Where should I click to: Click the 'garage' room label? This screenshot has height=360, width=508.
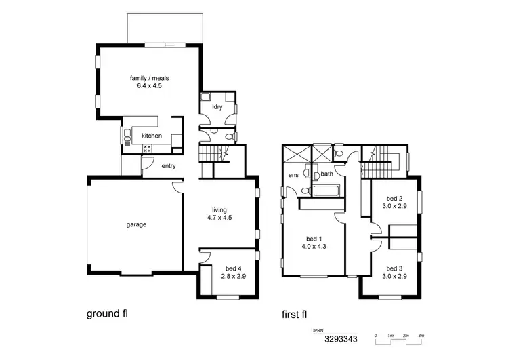tap(135, 224)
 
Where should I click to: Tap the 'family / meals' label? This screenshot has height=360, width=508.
tap(149, 78)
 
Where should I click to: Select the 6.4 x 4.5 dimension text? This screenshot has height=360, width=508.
tap(149, 86)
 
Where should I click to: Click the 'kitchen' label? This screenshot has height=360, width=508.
tap(152, 136)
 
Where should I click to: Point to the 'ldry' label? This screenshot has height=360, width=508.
tap(217, 107)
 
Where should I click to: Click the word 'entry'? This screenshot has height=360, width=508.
tap(168, 166)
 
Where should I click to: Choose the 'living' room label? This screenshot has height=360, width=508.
tap(219, 209)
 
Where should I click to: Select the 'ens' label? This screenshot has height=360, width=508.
tap(293, 174)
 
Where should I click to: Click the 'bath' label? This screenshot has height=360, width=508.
tap(326, 174)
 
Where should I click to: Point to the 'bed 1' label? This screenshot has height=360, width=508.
tap(314, 239)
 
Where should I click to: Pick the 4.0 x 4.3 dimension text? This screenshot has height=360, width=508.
tap(314, 247)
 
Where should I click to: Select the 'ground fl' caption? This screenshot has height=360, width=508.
tap(107, 314)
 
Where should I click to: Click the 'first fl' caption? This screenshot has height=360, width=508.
tap(297, 314)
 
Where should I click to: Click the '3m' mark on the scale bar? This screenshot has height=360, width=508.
tap(421, 336)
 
